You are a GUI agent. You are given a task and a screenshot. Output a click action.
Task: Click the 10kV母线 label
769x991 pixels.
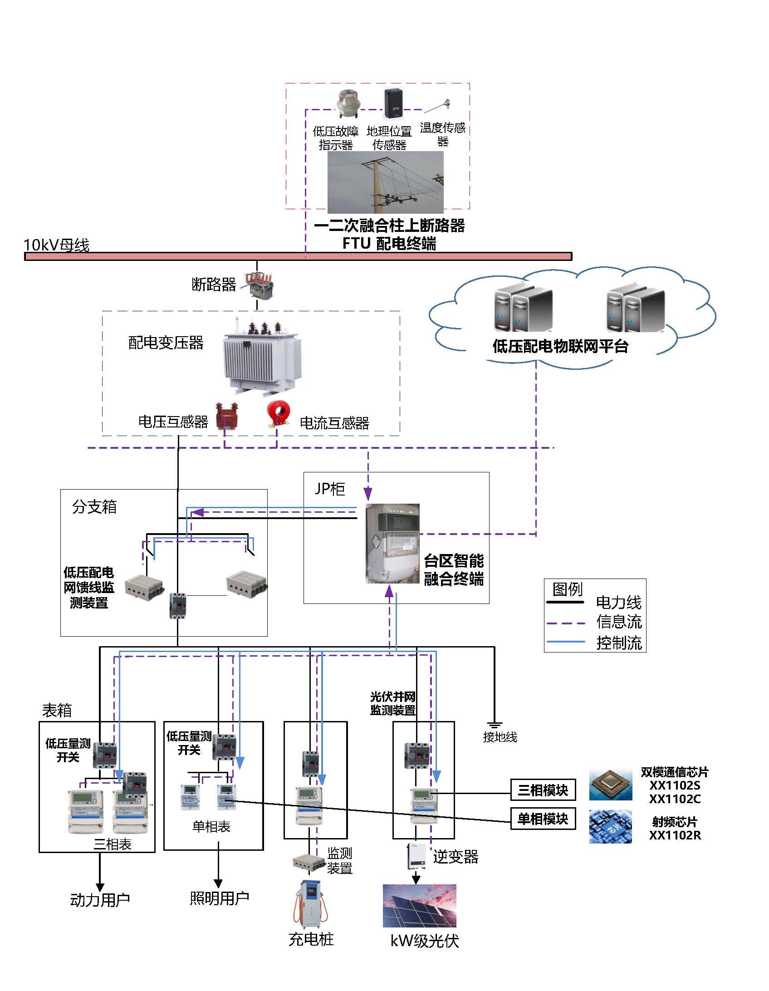coord(56,245)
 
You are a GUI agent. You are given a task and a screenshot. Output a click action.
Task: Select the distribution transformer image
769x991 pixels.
coord(262,358)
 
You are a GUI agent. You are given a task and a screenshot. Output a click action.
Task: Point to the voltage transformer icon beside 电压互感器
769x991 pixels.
coord(226,416)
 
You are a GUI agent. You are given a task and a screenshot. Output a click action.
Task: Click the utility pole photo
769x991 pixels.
coord(385,182)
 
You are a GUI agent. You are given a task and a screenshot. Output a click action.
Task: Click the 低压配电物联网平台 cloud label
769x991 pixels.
coord(560,347)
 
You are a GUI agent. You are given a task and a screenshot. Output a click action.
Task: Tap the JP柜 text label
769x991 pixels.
coord(330,489)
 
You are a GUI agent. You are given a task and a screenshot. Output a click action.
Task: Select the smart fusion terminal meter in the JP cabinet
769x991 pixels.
coord(392,543)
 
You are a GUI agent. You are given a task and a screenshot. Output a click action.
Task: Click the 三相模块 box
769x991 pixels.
coord(543,790)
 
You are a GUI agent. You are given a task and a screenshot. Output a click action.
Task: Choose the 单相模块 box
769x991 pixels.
coord(543,819)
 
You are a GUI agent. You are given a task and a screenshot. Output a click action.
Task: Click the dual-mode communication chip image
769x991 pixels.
coord(611,785)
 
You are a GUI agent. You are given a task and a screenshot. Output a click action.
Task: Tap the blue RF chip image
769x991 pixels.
coord(611,827)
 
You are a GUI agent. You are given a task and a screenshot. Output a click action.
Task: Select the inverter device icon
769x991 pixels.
coord(416,856)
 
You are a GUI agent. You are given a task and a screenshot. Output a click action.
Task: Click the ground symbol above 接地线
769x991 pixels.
coord(494,725)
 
